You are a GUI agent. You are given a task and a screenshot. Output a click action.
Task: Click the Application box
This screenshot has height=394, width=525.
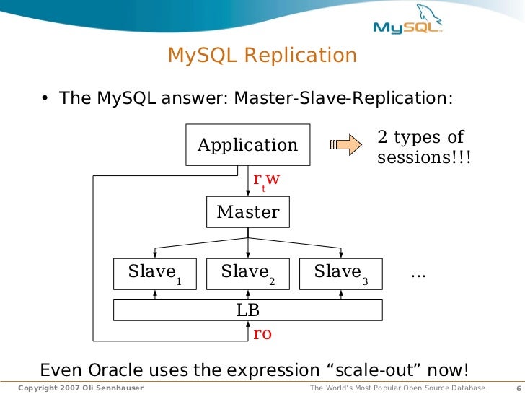tap(248, 145)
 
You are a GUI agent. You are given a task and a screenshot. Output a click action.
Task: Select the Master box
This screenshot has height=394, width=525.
tap(248, 212)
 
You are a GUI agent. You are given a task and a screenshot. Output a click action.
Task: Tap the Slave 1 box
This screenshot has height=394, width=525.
tap(155, 273)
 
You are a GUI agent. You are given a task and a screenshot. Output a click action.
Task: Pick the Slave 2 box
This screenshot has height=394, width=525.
tap(248, 273)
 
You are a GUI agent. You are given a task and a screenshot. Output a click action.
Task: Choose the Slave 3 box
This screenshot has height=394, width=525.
tap(341, 273)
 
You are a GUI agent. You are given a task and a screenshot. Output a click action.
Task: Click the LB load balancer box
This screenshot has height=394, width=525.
tap(248, 310)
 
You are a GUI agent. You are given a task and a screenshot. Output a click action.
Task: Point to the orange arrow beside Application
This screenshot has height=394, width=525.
tap(345, 145)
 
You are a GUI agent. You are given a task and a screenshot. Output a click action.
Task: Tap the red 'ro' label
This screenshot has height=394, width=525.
tap(262, 334)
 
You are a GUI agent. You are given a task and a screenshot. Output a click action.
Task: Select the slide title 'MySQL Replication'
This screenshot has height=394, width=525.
tap(262, 56)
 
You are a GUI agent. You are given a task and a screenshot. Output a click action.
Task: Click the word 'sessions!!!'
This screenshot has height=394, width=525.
tap(424, 157)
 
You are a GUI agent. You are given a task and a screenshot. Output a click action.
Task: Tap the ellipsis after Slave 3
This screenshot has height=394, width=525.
tap(418, 273)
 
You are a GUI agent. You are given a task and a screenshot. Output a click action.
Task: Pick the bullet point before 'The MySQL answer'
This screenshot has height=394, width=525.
tap(45, 98)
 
